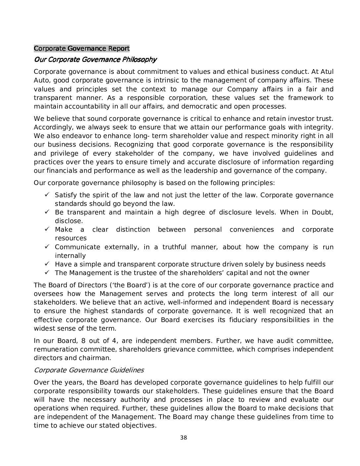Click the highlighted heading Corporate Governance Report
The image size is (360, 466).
[81, 49]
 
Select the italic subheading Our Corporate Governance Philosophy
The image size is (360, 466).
[95, 60]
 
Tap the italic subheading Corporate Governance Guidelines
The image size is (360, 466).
[89, 370]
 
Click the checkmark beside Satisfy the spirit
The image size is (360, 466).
[47, 195]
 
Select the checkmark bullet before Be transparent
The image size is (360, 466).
[47, 212]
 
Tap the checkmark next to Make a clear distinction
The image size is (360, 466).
[47, 229]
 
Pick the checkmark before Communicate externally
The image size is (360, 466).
[47, 247]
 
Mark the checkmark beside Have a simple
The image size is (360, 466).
[47, 264]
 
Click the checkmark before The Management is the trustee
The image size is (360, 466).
[47, 272]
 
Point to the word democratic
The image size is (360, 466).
[195, 106]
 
